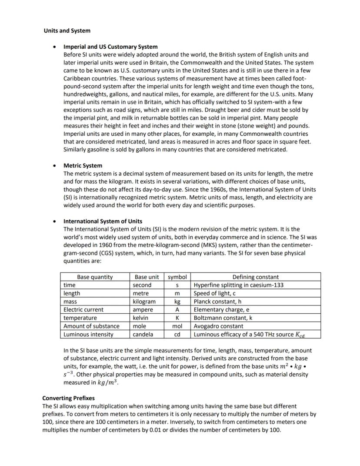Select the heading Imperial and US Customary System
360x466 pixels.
110,47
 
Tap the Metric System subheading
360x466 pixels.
83,165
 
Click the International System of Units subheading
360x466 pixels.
103,221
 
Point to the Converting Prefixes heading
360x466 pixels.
68,398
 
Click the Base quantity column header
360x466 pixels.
95,277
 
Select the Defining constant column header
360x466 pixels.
255,277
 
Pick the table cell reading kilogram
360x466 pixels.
144,302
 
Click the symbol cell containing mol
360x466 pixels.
177,326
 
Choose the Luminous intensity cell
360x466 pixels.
88,334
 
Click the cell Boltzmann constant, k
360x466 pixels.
223,318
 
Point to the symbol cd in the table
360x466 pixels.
177,334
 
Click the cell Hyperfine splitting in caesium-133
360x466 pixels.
239,285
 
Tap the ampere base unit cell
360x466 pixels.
143,309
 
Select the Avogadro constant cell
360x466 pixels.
218,326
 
